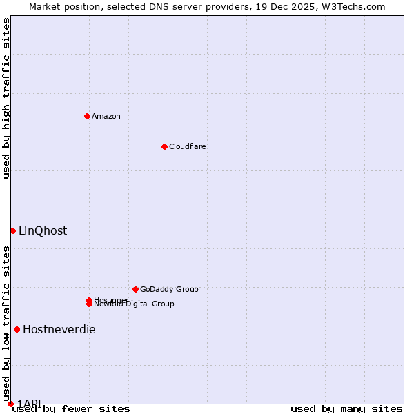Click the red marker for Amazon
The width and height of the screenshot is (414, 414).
click(87, 116)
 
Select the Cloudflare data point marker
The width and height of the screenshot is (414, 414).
click(164, 146)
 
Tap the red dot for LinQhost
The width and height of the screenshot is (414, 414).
click(12, 230)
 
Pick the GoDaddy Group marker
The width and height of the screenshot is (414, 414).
click(135, 289)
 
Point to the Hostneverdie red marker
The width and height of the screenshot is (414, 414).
click(17, 329)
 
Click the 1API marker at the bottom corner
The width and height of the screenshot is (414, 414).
click(10, 404)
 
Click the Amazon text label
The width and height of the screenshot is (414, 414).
click(106, 116)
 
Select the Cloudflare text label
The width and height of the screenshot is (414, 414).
click(187, 146)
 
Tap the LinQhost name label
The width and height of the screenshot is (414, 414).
click(43, 230)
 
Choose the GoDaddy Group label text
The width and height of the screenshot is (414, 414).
click(168, 289)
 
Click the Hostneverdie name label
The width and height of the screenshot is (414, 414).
click(59, 329)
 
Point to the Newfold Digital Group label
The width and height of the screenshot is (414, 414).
click(135, 304)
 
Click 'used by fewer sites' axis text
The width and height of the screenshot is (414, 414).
click(71, 409)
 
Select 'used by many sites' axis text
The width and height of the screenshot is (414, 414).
click(346, 409)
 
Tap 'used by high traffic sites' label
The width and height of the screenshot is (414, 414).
click(6, 98)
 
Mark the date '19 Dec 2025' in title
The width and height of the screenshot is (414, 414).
click(293, 6)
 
